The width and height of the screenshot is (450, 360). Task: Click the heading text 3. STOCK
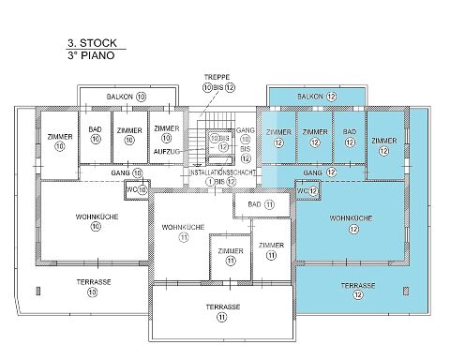[x=92, y=43]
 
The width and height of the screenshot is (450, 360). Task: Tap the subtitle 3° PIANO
[x=91, y=55]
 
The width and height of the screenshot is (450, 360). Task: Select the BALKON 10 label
[x=127, y=97]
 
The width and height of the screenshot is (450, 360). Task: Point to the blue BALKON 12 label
[x=317, y=97]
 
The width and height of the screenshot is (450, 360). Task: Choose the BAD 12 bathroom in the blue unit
[x=350, y=137]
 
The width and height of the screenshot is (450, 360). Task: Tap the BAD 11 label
[x=261, y=204]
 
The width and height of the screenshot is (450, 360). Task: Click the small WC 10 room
[x=137, y=189]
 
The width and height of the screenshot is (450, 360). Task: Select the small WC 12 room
[x=307, y=190]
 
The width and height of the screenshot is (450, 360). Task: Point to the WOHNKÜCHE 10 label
[x=97, y=221]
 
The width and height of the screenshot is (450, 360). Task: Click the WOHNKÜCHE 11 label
[x=183, y=232]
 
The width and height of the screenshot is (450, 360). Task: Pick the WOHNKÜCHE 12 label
[x=352, y=223]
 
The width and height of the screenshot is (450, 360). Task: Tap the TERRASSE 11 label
[x=223, y=312]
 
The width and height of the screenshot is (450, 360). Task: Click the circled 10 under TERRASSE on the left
[x=93, y=292]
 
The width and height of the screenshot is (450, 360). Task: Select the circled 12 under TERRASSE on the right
[x=358, y=294]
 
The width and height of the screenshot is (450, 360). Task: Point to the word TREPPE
[x=217, y=77]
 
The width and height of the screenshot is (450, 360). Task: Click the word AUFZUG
[x=167, y=152]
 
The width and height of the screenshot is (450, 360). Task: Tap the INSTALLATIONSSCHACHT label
[x=222, y=172]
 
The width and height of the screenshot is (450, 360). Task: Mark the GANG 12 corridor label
[x=320, y=172]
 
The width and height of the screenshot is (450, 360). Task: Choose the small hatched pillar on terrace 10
[x=38, y=291]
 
